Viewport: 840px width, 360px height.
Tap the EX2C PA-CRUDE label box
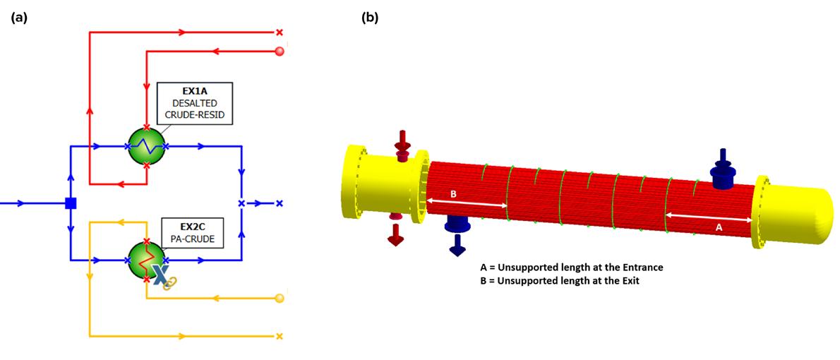click(192, 234)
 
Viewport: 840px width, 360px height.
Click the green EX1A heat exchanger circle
click(145, 147)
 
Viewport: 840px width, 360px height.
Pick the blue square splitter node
click(71, 203)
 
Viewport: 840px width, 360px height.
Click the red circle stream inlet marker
click(280, 51)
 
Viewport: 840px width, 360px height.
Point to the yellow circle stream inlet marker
click(280, 298)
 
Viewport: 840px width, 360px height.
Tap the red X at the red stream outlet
click(280, 32)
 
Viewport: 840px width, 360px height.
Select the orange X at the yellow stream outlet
click(280, 336)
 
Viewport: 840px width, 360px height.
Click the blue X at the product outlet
click(280, 203)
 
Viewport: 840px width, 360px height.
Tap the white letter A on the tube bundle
click(719, 227)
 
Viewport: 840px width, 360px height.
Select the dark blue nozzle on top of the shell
click(721, 172)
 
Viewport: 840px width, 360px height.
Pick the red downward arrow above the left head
click(403, 143)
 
